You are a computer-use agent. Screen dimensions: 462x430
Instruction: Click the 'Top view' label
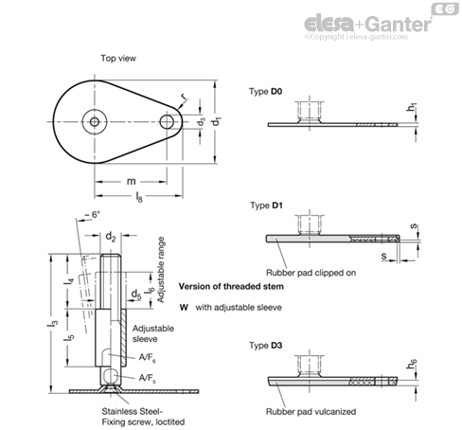(118, 59)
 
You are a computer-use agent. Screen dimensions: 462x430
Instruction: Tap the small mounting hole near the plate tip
(167, 122)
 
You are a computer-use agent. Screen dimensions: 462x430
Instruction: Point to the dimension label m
(131, 181)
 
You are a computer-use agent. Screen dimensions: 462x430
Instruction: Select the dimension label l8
(139, 197)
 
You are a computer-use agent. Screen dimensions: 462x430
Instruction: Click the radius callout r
(183, 97)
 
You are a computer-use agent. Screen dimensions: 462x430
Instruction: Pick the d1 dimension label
(217, 121)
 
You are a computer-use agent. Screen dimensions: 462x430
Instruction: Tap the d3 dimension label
(202, 121)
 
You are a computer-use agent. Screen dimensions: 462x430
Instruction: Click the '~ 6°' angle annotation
(92, 215)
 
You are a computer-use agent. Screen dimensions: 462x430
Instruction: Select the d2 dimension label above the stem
(111, 236)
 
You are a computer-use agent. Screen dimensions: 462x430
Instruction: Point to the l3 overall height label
(53, 323)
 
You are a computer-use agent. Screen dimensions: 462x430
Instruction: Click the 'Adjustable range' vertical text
(161, 270)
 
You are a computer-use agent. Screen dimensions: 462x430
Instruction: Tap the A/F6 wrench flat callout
(148, 358)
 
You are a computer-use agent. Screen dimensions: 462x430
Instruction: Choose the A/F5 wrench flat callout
(148, 378)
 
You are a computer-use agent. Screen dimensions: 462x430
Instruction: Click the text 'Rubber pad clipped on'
(311, 273)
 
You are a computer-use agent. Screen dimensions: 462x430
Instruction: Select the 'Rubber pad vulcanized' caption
(311, 412)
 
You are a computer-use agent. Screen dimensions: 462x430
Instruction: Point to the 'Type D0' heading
(265, 92)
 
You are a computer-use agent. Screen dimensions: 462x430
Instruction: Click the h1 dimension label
(412, 107)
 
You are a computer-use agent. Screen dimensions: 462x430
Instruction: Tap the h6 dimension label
(412, 364)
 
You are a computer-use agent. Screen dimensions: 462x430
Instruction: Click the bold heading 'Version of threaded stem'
(231, 287)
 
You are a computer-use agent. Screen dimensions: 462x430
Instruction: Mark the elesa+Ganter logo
(367, 24)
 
